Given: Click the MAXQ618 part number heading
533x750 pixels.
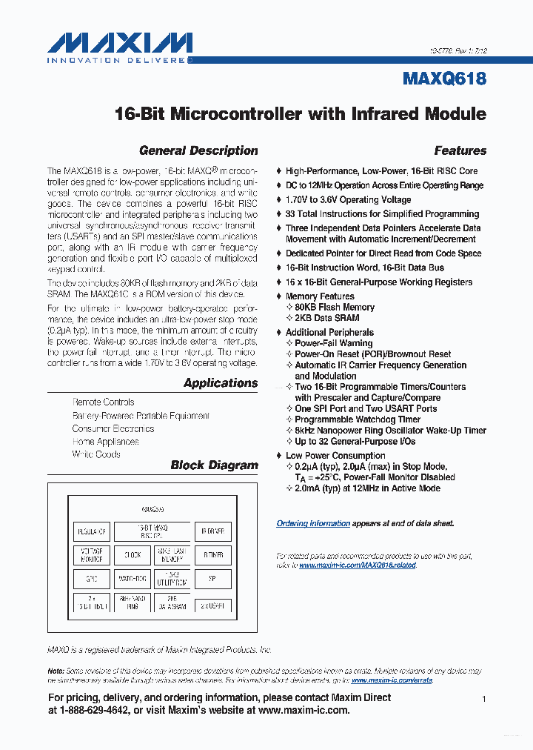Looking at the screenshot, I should click(445, 79).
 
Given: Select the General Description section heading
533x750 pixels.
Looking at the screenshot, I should click(198, 150).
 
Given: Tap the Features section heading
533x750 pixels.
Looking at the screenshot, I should click(460, 150).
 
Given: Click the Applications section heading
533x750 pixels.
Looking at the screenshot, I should click(221, 383).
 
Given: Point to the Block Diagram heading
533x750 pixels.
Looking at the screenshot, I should click(214, 465).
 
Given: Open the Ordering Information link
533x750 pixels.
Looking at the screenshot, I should click(313, 523).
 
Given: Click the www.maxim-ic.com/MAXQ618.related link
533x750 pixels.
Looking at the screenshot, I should click(358, 565).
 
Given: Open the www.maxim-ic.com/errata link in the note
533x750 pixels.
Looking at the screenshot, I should click(392, 680).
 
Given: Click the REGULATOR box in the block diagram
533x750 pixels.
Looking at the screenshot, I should click(92, 531).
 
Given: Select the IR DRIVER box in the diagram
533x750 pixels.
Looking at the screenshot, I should click(212, 531).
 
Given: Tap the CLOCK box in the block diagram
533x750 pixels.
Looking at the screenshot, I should click(132, 555).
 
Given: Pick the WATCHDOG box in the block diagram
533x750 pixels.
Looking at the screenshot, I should click(132, 580).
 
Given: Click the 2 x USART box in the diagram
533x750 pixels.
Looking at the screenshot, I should click(212, 604).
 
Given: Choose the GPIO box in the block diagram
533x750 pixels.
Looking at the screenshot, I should click(92, 580).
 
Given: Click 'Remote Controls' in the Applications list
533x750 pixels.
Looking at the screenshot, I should click(103, 402).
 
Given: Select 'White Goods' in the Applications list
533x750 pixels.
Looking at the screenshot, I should click(96, 454).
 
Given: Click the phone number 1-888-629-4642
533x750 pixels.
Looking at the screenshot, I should click(96, 710).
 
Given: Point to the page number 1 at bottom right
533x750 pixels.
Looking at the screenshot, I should click(483, 699).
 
